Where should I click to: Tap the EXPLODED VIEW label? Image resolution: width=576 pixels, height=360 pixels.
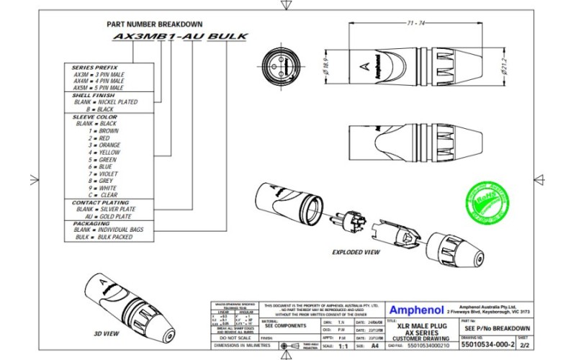tap(356, 253)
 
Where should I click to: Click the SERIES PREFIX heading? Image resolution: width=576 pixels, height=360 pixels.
tap(92, 66)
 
